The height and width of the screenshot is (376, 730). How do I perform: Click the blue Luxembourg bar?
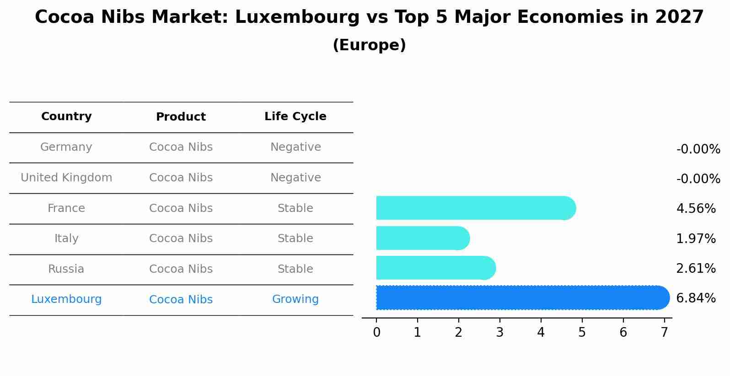pos(521,298)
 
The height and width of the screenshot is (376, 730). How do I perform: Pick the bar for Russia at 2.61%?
pos(435,268)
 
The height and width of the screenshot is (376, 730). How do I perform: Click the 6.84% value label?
pos(695,298)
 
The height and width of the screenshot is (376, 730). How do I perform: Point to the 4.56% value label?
pos(695,209)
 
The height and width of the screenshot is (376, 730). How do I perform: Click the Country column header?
pos(66,117)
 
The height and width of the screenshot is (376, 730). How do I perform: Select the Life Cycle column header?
pos(295,117)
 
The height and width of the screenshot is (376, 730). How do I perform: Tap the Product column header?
pos(181,117)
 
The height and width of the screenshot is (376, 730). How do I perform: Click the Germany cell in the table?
pos(66,147)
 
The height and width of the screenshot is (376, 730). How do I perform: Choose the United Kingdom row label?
pos(66,178)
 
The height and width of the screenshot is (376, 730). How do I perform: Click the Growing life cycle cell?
pos(295,299)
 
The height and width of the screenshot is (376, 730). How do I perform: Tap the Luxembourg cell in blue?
pos(66,299)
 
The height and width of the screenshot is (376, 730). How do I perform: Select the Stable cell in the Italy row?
pos(295,238)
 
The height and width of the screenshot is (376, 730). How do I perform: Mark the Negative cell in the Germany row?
pos(295,147)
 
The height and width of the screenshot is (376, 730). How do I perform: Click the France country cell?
pos(66,208)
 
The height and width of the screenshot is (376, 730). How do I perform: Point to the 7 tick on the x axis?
pos(664,333)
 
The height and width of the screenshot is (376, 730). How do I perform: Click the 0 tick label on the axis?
pos(376,333)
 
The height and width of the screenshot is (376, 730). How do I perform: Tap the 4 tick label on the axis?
pos(541,333)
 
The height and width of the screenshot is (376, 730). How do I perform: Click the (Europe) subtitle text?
pos(369,45)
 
